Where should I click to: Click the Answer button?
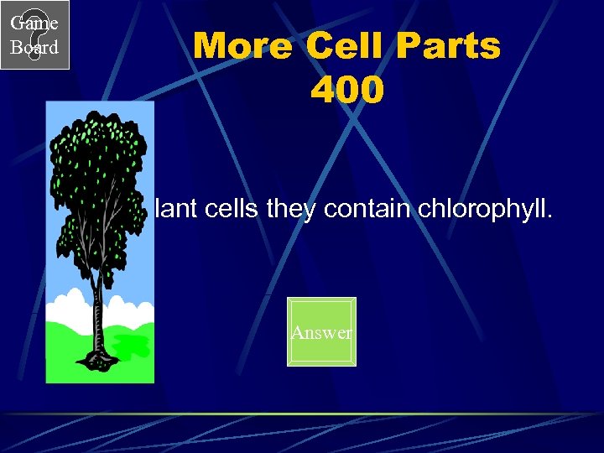tap(321, 332)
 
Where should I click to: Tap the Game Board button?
tap(34, 34)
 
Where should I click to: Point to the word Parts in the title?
tap(449, 47)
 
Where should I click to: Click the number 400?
tap(347, 91)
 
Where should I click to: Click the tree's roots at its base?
tap(97, 359)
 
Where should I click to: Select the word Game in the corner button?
tap(34, 23)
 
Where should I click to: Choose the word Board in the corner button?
tap(34, 48)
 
